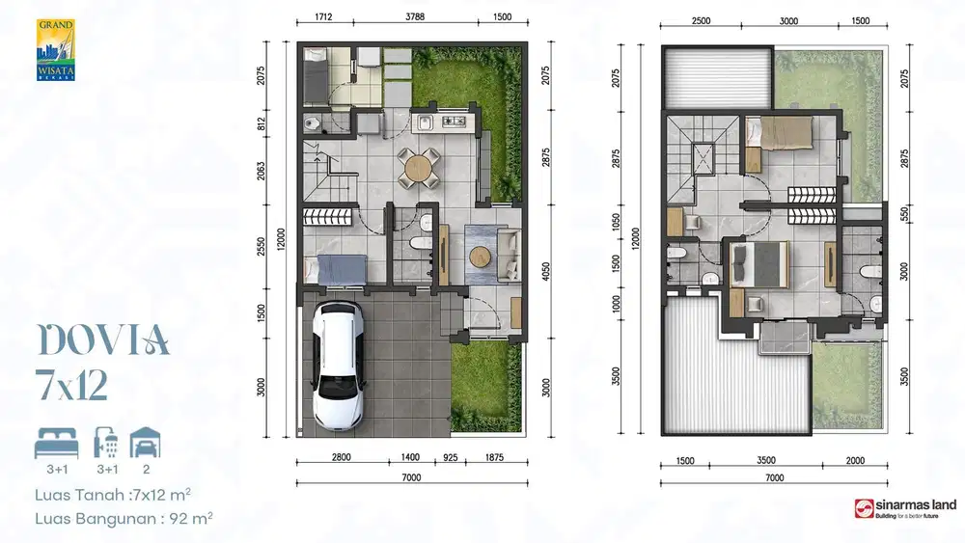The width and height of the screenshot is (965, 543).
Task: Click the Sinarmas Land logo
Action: [894, 507]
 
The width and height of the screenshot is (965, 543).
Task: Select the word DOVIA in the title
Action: [103, 340]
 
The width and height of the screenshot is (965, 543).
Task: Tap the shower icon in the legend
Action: [106, 443]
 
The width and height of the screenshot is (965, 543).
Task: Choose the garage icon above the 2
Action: [146, 443]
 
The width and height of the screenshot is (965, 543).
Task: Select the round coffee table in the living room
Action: [481, 258]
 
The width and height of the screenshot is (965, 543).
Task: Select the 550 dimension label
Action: [904, 214]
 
